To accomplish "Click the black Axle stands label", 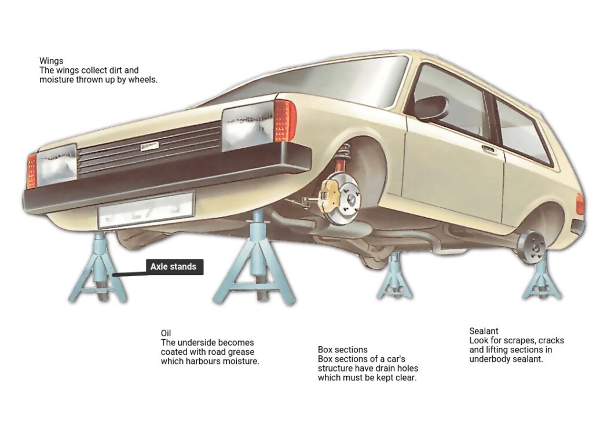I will [x=173, y=267].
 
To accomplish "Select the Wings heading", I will [x=52, y=60].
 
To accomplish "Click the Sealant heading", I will [x=484, y=331].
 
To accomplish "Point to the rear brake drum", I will [x=532, y=247].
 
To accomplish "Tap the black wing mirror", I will [x=431, y=108].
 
